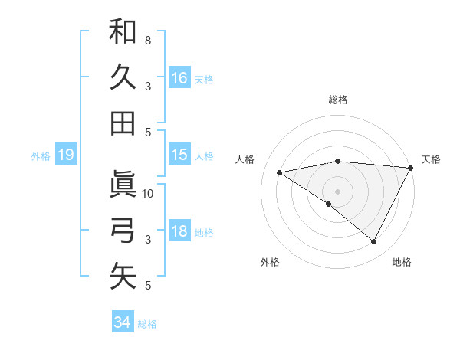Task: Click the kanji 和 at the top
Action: point(123,32)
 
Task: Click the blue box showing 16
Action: point(179,77)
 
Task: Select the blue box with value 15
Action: point(179,155)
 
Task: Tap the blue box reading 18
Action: point(179,231)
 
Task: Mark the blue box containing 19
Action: point(66,155)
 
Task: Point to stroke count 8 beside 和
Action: point(147,40)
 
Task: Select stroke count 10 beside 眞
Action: point(149,193)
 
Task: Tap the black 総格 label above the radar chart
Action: point(338,100)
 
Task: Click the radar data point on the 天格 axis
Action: point(412,168)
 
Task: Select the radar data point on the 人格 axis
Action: point(280,172)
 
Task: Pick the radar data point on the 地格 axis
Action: point(374,242)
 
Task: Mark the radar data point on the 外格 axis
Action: point(329,205)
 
